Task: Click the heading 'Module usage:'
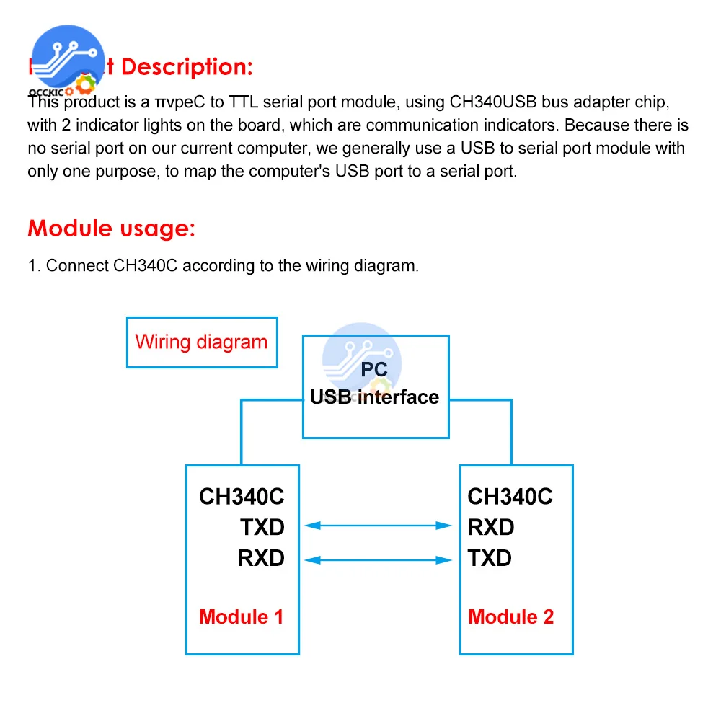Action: pyautogui.click(x=112, y=229)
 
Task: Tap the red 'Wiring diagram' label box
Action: pyautogui.click(x=201, y=342)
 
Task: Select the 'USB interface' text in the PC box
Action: pyautogui.click(x=374, y=397)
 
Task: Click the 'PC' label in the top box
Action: pyautogui.click(x=375, y=371)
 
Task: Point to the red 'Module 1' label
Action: pyautogui.click(x=242, y=616)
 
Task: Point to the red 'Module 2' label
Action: pyautogui.click(x=511, y=616)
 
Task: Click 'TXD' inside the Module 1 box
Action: pyautogui.click(x=262, y=527)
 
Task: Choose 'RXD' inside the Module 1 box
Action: pyautogui.click(x=261, y=558)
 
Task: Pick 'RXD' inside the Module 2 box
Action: pyautogui.click(x=491, y=527)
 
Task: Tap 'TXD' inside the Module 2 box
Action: pyautogui.click(x=490, y=558)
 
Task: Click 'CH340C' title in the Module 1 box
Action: pyautogui.click(x=242, y=497)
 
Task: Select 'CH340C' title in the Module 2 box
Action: pyautogui.click(x=510, y=497)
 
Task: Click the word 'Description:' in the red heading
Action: pyautogui.click(x=187, y=67)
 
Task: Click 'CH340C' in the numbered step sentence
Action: pyautogui.click(x=149, y=265)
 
